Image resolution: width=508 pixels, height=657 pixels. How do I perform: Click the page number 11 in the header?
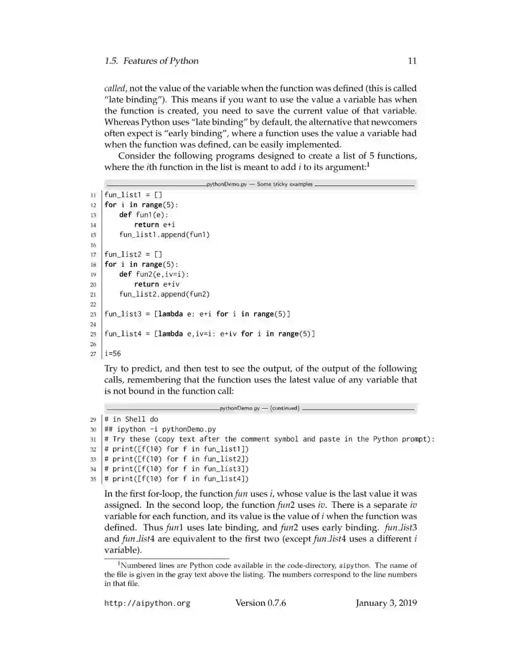coord(412,61)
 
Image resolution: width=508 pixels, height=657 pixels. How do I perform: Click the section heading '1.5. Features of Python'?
coord(151,61)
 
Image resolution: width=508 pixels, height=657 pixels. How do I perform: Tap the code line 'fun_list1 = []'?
coord(133,195)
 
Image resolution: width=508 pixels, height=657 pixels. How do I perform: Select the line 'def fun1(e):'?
coord(143,214)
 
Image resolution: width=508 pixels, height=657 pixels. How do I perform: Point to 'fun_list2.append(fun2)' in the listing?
coord(164,294)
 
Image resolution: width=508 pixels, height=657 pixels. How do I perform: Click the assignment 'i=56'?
coord(112,353)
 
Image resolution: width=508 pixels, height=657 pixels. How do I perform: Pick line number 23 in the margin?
coord(93,314)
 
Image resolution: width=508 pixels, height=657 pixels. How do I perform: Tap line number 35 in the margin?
coord(93,479)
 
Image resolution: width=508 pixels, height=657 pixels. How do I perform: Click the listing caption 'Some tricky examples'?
coord(285,184)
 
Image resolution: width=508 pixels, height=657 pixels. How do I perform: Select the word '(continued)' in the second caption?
coord(285,408)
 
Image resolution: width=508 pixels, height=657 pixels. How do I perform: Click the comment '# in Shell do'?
coord(131,419)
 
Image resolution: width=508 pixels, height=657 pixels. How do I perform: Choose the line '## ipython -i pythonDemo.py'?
coord(160,429)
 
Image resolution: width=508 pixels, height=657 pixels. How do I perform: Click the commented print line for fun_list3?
coord(176,469)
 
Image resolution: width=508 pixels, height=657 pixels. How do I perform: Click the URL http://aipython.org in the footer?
coord(147,603)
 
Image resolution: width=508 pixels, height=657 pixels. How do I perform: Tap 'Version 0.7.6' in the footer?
coord(261,603)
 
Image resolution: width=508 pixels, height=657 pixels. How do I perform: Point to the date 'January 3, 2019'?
coord(386,603)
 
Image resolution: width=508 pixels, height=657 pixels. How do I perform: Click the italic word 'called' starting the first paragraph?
coord(115,88)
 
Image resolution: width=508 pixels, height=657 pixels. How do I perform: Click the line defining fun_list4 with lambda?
coord(209,334)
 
